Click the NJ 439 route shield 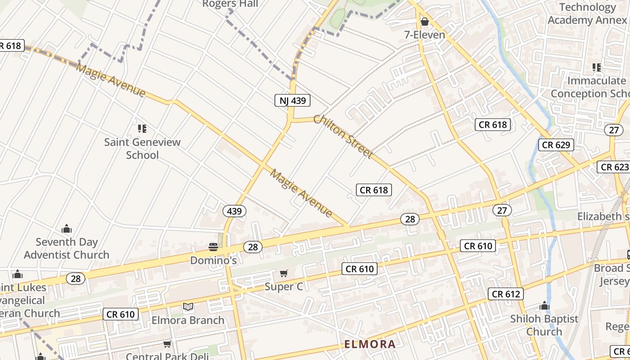tap(292, 100)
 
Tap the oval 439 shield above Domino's tap(234, 211)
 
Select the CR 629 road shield tap(556, 144)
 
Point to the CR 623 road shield tap(615, 167)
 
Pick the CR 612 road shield tap(506, 294)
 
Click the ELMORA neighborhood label tap(370, 344)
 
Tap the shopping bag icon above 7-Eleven tap(424, 22)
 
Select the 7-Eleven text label tap(424, 35)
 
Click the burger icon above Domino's tap(213, 247)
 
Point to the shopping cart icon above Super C tap(283, 273)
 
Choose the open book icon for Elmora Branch tap(188, 307)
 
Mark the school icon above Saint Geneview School tap(142, 129)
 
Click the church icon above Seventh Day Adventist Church tap(67, 229)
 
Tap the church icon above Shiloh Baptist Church tap(544, 306)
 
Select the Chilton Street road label tap(343, 136)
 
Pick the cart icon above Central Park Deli tap(167, 344)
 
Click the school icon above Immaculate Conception tap(597, 67)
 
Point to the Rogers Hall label tap(230, 4)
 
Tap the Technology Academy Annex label tap(587, 13)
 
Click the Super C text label tap(283, 287)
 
